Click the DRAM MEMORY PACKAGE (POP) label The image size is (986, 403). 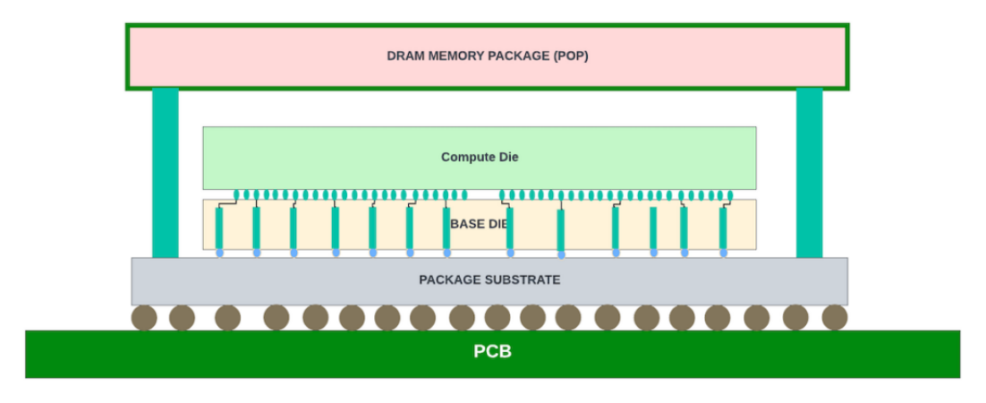coord(487,56)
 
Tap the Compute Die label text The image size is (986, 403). coord(480,157)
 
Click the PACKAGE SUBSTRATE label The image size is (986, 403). coord(489,279)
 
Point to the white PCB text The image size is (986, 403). coord(492,352)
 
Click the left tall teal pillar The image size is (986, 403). coord(165,173)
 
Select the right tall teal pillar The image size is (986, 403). coord(809,173)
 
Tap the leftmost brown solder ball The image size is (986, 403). coord(144,317)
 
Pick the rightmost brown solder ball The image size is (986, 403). coord(835,317)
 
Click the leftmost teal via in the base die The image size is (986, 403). coord(219,228)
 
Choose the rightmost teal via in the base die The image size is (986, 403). coord(723,228)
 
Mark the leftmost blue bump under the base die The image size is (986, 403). coord(219,253)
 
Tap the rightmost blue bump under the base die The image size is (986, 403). coord(724,253)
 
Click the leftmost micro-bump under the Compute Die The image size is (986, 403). coord(237,194)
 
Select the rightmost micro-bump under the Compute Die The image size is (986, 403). coord(730,194)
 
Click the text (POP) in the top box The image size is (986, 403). coord(571,56)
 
